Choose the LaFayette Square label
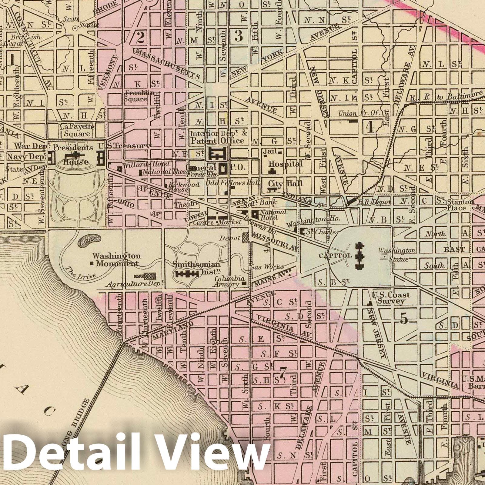point(77,130)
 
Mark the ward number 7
point(283,372)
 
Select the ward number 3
point(239,36)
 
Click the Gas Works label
point(267,267)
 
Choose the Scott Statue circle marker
point(75,28)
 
